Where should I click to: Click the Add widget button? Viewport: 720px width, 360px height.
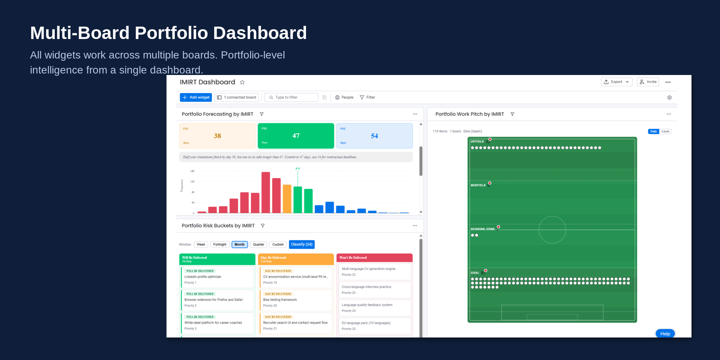click(x=196, y=97)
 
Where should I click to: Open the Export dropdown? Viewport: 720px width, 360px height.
click(x=616, y=82)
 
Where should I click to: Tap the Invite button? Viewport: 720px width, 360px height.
click(x=648, y=82)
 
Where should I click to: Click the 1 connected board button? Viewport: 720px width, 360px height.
click(x=237, y=97)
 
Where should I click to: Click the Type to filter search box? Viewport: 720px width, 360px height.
click(x=291, y=97)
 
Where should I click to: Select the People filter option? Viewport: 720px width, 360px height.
click(x=344, y=97)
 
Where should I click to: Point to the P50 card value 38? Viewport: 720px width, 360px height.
click(x=217, y=136)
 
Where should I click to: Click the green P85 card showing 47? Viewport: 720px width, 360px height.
click(x=296, y=136)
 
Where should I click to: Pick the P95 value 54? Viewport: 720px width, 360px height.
click(x=374, y=136)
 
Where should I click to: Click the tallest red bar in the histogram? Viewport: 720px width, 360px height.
click(x=265, y=193)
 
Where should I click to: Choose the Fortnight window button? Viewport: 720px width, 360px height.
click(x=220, y=244)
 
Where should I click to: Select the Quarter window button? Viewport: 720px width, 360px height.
click(x=258, y=244)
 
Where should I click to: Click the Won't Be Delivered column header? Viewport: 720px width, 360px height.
click(x=374, y=258)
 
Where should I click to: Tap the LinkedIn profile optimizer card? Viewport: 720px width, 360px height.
click(x=217, y=277)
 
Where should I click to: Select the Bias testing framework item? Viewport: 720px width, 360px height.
click(x=296, y=300)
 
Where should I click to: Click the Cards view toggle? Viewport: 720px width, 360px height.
click(x=665, y=132)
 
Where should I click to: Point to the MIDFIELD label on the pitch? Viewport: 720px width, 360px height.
click(x=478, y=185)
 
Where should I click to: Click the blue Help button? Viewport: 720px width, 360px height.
click(x=665, y=334)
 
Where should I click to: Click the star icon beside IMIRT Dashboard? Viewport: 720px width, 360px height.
click(x=242, y=82)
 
